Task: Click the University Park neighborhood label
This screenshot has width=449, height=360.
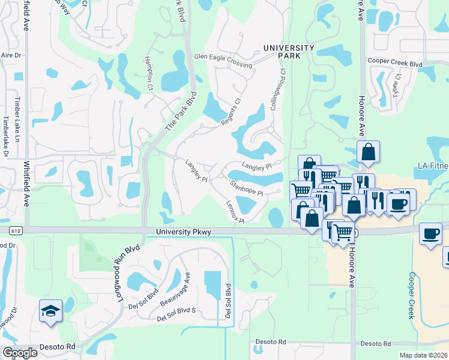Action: [x=289, y=52]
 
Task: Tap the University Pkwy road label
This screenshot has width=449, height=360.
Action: [x=181, y=232]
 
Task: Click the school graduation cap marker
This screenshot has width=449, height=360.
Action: [x=50, y=311]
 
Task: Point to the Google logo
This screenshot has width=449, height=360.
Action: [x=20, y=353]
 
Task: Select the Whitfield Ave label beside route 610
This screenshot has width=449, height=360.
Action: [x=26, y=186]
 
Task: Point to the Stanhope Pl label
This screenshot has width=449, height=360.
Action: [x=246, y=188]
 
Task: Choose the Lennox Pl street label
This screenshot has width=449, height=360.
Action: [x=235, y=211]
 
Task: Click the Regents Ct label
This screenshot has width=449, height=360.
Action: [x=231, y=112]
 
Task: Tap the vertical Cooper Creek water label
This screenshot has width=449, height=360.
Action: [x=412, y=295]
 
